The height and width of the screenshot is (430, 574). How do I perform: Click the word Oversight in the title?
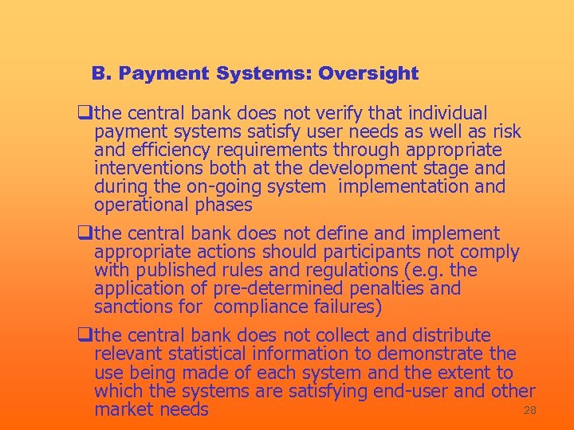coord(368,74)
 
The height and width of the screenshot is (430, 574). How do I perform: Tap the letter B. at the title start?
coord(100,74)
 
